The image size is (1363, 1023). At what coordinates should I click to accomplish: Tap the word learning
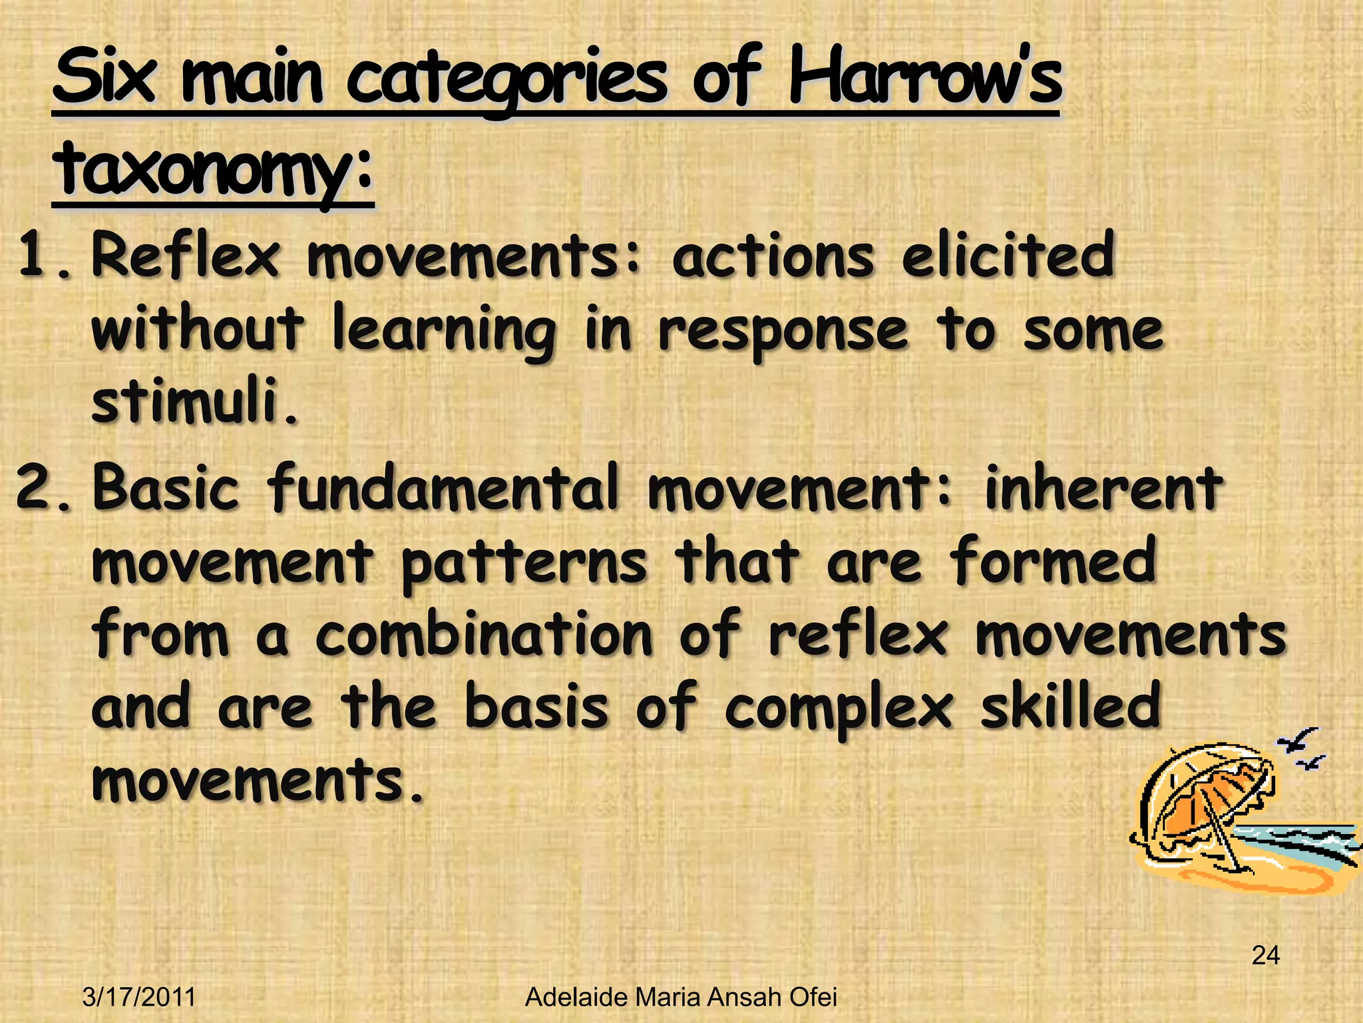(443, 331)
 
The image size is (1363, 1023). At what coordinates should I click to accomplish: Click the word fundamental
(443, 488)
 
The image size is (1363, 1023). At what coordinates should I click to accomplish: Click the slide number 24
(1265, 955)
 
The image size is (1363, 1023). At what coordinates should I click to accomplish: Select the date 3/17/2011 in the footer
(139, 998)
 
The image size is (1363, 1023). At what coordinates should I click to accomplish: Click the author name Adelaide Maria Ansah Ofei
(681, 998)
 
